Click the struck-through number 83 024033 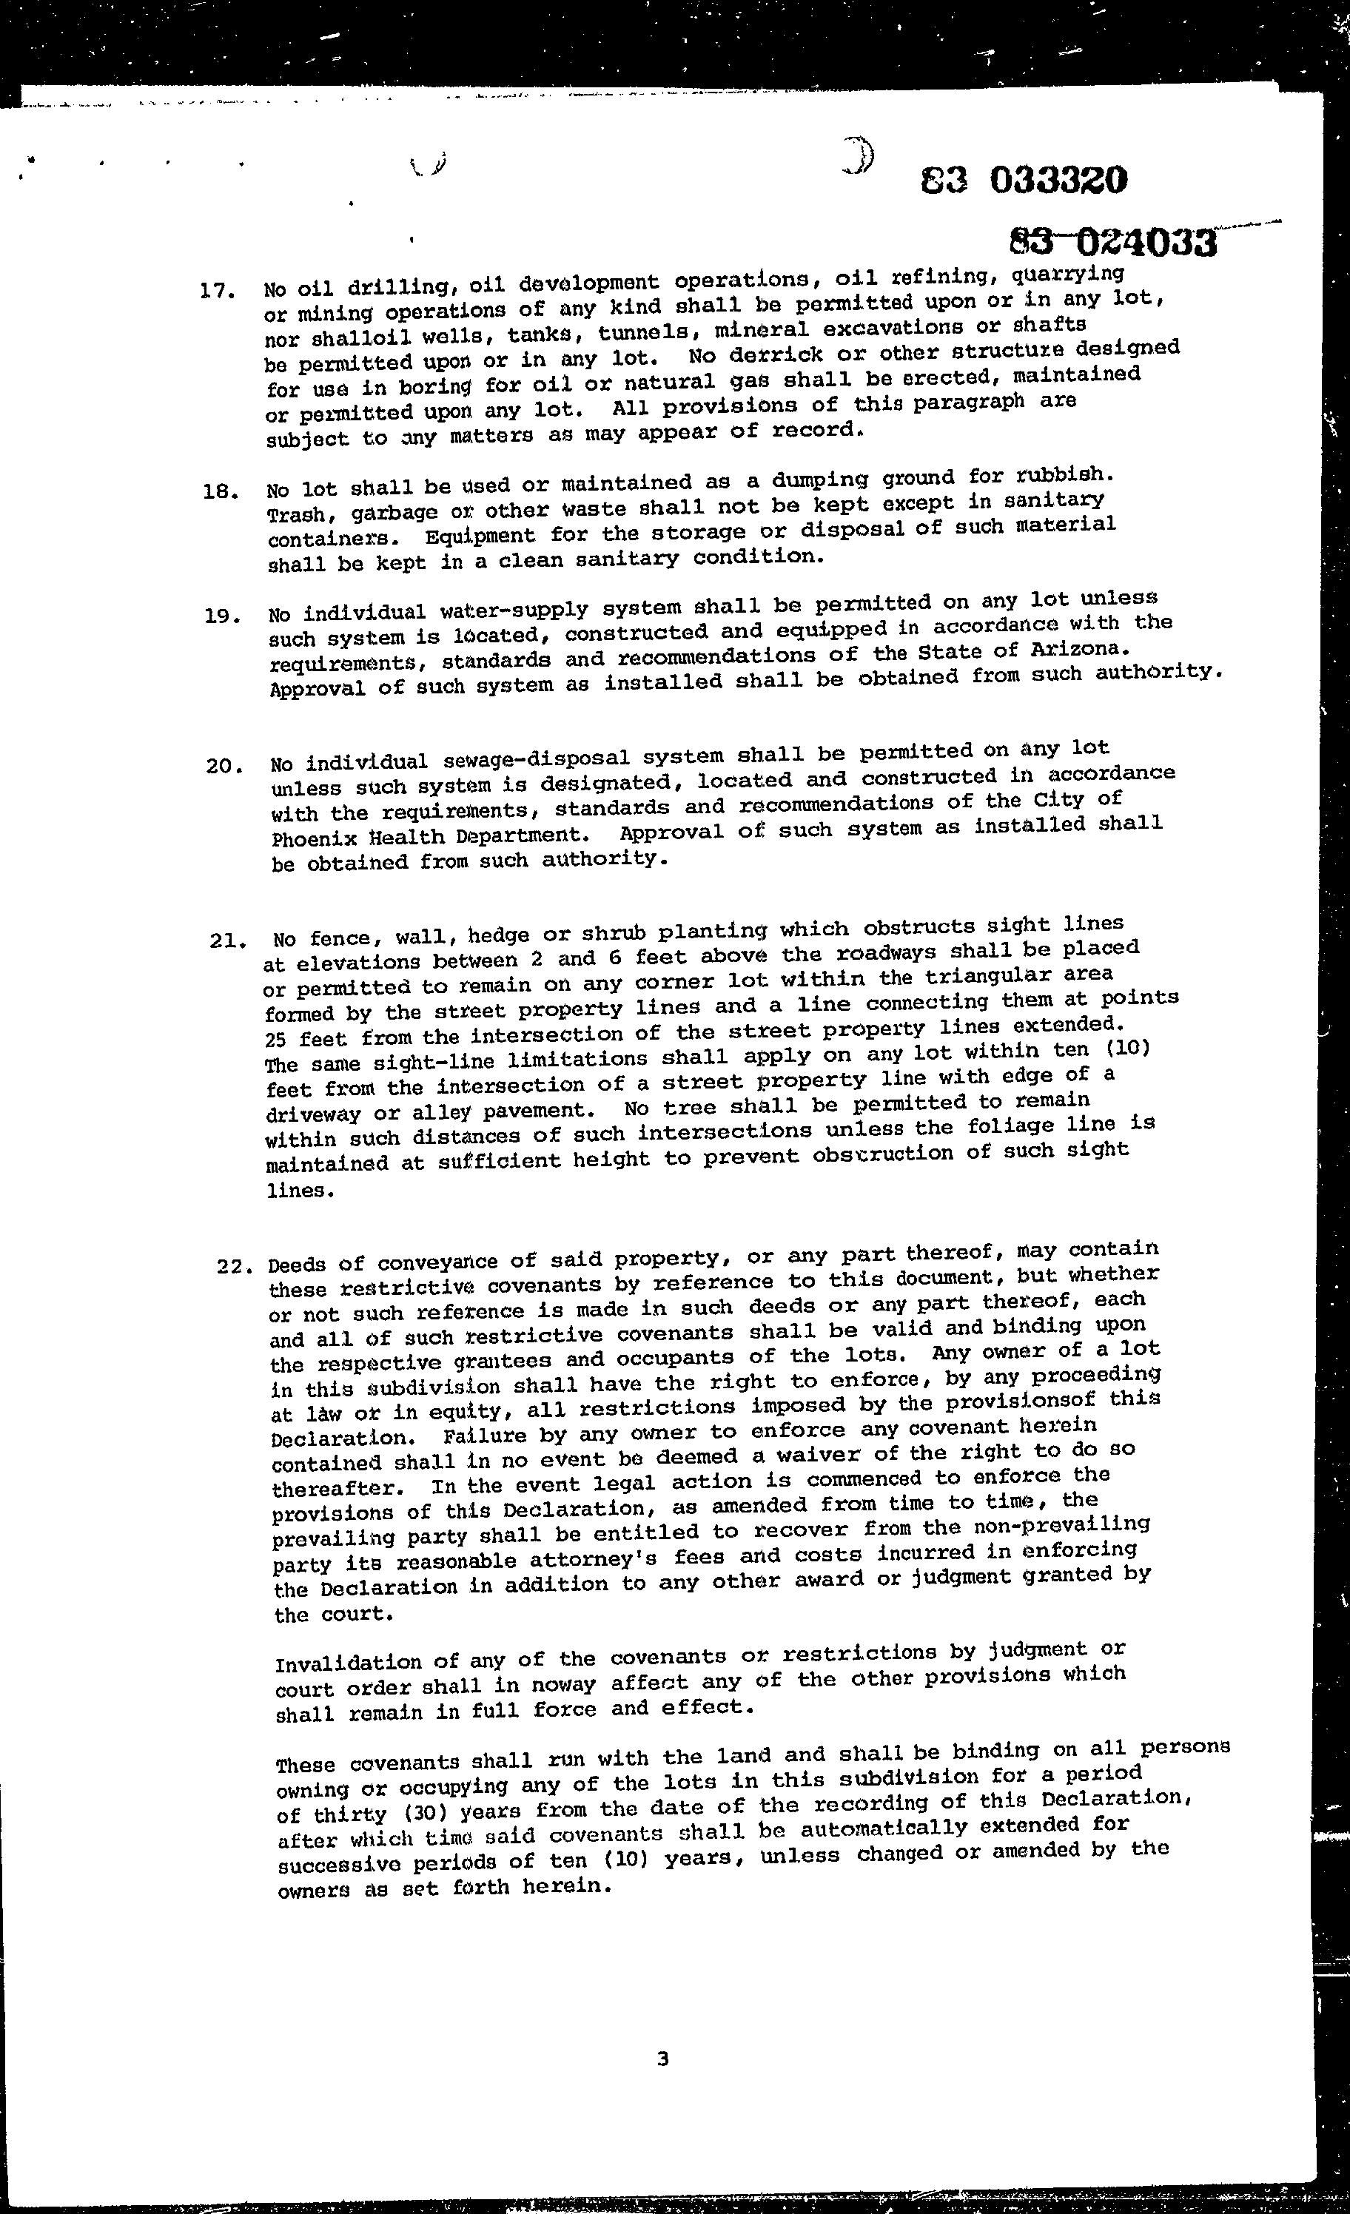tap(1114, 240)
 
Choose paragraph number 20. tap(221, 767)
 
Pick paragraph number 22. tap(235, 1266)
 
